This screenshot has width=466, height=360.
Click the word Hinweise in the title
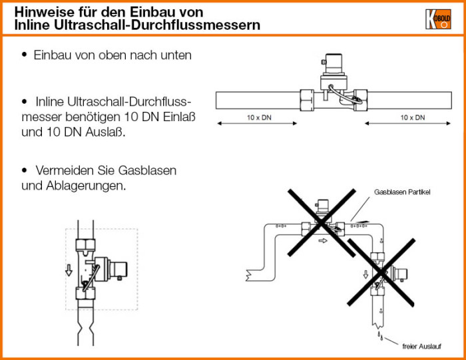[x=40, y=12]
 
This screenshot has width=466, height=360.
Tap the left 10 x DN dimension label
[x=260, y=118]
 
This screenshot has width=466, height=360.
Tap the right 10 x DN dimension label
[x=413, y=118]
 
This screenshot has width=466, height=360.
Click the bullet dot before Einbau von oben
[x=25, y=55]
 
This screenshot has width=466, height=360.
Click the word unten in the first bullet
[x=176, y=55]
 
